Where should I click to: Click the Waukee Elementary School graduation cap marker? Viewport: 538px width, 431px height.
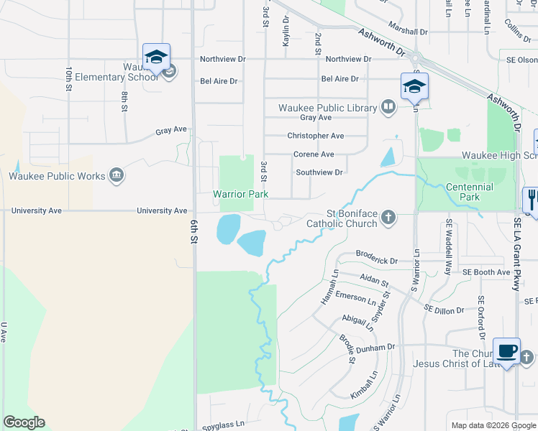157,57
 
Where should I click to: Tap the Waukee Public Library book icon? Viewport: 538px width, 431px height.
388,108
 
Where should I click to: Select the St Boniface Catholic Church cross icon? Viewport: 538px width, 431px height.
388,217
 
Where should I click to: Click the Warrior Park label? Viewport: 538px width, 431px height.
240,195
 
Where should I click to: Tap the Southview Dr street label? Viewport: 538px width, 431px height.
319,172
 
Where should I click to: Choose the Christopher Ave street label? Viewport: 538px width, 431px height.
316,136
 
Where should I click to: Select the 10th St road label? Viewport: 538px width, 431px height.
69,78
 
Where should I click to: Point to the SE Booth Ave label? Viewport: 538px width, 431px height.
486,272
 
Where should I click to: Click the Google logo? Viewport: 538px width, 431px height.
24,422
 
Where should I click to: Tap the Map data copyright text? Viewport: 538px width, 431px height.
493,425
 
